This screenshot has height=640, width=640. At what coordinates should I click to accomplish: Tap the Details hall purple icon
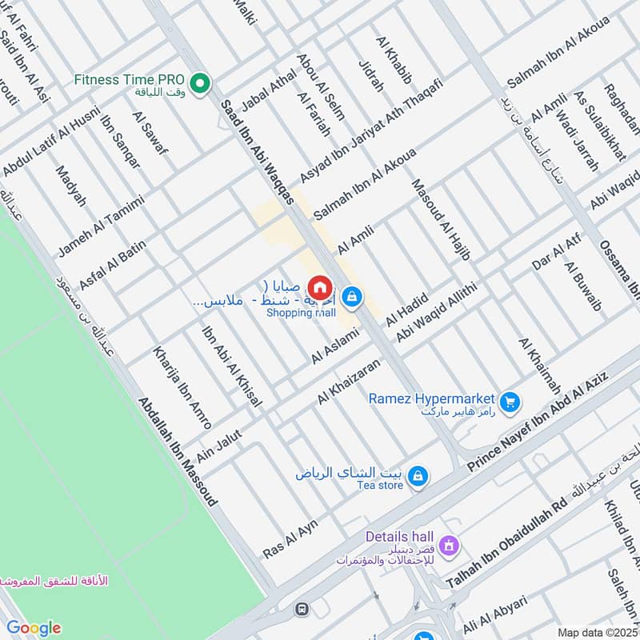tap(449, 545)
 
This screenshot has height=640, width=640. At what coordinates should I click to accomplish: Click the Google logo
tap(33, 627)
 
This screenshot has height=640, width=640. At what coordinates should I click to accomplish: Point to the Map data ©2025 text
tap(598, 632)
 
